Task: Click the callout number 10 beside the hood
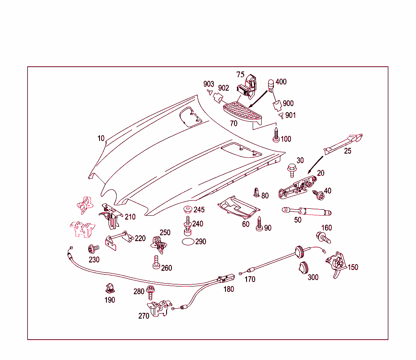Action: coord(101,138)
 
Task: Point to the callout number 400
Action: coord(281,82)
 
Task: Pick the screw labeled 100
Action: coord(276,135)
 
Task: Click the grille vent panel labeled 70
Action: coord(243,112)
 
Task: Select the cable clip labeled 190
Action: coord(109,289)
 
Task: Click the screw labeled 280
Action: coord(150,291)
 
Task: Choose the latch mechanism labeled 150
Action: coord(336,263)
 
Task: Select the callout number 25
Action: coord(348,151)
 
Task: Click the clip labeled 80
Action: coord(256,192)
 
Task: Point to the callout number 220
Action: coord(140,239)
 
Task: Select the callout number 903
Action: coord(209,84)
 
